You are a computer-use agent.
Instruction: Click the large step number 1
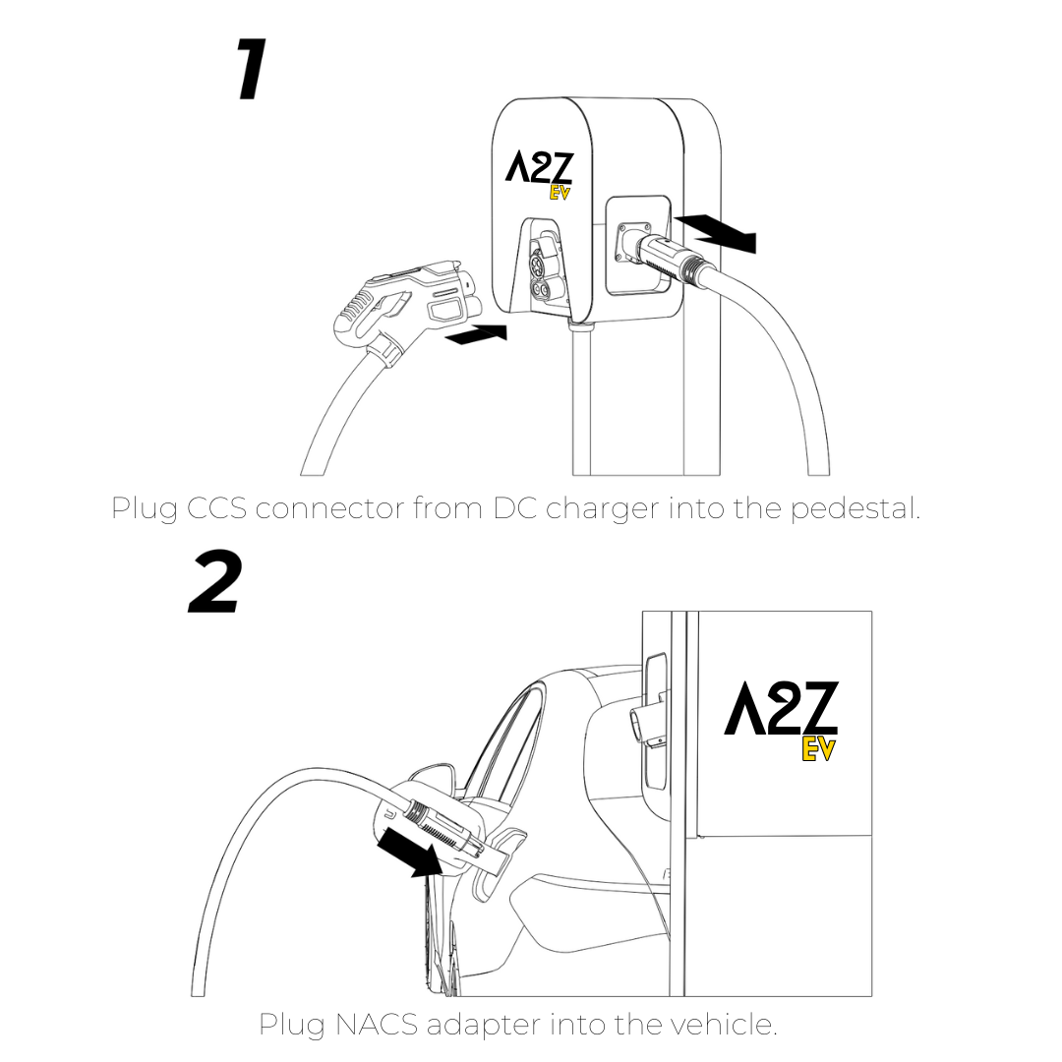click(252, 69)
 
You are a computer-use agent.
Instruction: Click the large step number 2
click(215, 582)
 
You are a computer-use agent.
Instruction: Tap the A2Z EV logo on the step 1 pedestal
click(540, 175)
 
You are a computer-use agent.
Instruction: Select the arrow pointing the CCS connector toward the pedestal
click(477, 334)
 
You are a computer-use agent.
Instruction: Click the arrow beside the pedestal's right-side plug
click(715, 232)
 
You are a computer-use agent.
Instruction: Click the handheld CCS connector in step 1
click(406, 306)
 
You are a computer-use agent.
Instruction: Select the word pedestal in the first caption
click(855, 508)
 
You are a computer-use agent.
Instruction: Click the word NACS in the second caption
click(377, 1024)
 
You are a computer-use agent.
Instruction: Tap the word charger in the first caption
click(602, 509)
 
